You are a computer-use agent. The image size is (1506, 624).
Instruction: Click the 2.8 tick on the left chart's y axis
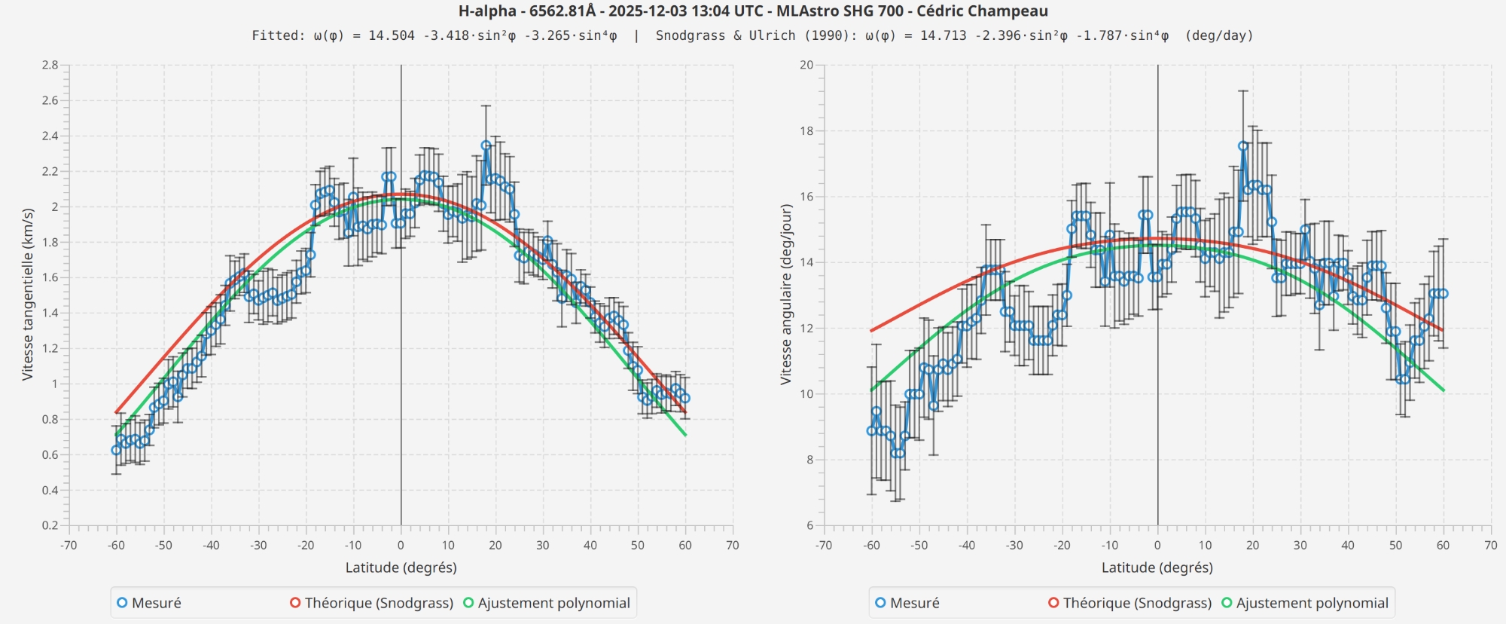(x=50, y=66)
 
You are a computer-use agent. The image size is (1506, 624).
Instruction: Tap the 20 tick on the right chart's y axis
(x=806, y=66)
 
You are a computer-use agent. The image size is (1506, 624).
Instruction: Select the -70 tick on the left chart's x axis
(x=69, y=546)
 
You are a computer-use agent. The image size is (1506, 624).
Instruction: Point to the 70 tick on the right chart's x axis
(x=1490, y=546)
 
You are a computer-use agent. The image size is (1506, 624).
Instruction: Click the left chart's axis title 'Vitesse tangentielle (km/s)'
(x=28, y=295)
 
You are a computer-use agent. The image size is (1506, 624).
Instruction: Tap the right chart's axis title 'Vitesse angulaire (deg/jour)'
(x=785, y=295)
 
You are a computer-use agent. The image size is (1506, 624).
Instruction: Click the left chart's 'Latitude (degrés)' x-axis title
(x=401, y=567)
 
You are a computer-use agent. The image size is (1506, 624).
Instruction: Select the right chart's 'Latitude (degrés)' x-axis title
(x=1157, y=567)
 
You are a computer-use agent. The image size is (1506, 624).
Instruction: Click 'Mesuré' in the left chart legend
(x=156, y=603)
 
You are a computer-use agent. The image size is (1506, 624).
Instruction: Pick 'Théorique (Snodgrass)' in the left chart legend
(x=379, y=603)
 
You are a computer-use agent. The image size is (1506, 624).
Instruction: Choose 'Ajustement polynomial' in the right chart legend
(x=1312, y=603)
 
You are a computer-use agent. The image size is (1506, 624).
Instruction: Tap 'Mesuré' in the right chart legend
(x=914, y=603)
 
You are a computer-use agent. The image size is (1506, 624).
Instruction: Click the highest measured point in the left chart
(x=486, y=145)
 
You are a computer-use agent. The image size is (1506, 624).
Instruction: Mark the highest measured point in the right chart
(x=1242, y=146)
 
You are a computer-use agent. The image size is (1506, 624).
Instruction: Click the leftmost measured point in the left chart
(x=116, y=450)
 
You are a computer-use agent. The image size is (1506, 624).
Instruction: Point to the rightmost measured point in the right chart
(x=1443, y=294)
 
